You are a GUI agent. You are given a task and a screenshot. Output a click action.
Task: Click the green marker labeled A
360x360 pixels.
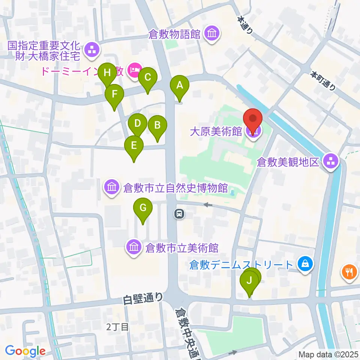(180, 85)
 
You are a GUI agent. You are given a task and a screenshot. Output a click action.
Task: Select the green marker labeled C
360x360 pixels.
(147, 78)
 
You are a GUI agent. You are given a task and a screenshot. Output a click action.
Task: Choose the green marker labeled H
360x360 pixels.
(108, 73)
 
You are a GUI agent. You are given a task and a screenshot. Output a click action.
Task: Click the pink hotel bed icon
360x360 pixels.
(134, 70)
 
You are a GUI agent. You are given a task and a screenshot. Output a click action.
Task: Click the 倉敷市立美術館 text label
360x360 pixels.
(182, 248)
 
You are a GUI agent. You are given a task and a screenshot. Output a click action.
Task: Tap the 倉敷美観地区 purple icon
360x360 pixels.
(331, 162)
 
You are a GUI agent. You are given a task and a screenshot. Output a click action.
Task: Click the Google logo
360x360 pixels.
(25, 351)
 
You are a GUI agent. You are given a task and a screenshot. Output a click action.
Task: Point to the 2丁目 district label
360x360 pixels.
(117, 327)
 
